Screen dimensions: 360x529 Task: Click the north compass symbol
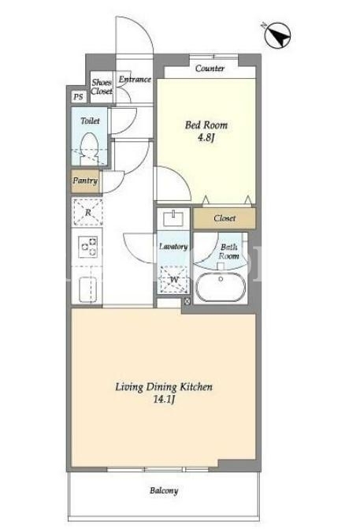pyautogui.click(x=277, y=35)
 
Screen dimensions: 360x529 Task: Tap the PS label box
pyautogui.click(x=78, y=97)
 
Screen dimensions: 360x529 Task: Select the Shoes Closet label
pyautogui.click(x=102, y=87)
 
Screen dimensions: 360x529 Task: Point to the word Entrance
pyautogui.click(x=135, y=80)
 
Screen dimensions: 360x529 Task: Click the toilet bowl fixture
pyautogui.click(x=89, y=149)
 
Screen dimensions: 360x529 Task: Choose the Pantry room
pyautogui.click(x=86, y=181)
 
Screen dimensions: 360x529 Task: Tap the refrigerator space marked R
pyautogui.click(x=87, y=213)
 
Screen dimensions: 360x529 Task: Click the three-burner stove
pyautogui.click(x=87, y=247)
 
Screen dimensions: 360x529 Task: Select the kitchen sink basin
pyautogui.click(x=87, y=289)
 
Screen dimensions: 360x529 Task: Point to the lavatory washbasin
pyautogui.click(x=173, y=218)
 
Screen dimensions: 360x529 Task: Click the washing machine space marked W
pyautogui.click(x=174, y=280)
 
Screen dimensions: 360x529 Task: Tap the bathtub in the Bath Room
pyautogui.click(x=221, y=288)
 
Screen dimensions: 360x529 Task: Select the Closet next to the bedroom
pyautogui.click(x=225, y=218)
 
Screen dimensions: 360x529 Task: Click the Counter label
pyautogui.click(x=210, y=69)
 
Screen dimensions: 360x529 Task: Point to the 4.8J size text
pyautogui.click(x=206, y=138)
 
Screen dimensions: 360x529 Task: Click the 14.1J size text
pyautogui.click(x=164, y=400)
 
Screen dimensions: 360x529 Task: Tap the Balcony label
pyautogui.click(x=164, y=490)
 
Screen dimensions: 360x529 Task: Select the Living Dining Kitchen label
pyautogui.click(x=164, y=387)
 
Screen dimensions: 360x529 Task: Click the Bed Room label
pyautogui.click(x=206, y=125)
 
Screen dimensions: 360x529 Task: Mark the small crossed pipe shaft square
pyautogui.click(x=187, y=301)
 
